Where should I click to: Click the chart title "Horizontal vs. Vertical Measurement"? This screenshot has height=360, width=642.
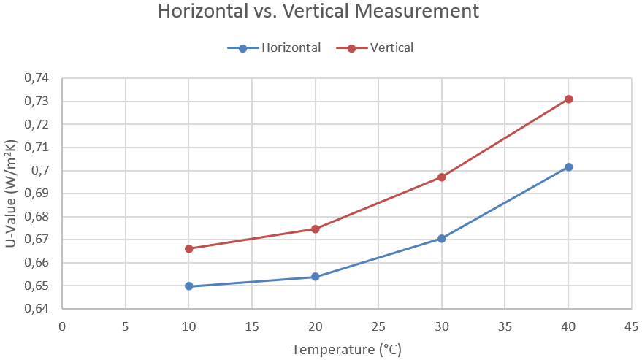point(320,12)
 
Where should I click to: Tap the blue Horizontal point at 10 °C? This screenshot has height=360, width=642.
point(188,286)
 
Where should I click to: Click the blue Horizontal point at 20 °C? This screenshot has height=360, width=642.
point(315,277)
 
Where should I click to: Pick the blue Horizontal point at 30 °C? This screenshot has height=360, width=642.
point(442,239)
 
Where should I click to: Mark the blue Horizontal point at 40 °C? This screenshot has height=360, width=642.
point(568,167)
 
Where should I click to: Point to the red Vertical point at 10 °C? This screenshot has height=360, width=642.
point(188,249)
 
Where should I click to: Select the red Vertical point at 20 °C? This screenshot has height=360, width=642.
point(315,229)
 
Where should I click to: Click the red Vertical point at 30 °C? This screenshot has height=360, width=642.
point(442,177)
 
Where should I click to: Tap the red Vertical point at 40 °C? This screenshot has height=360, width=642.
point(568,99)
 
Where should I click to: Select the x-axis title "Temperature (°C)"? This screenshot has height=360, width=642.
point(346,350)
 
